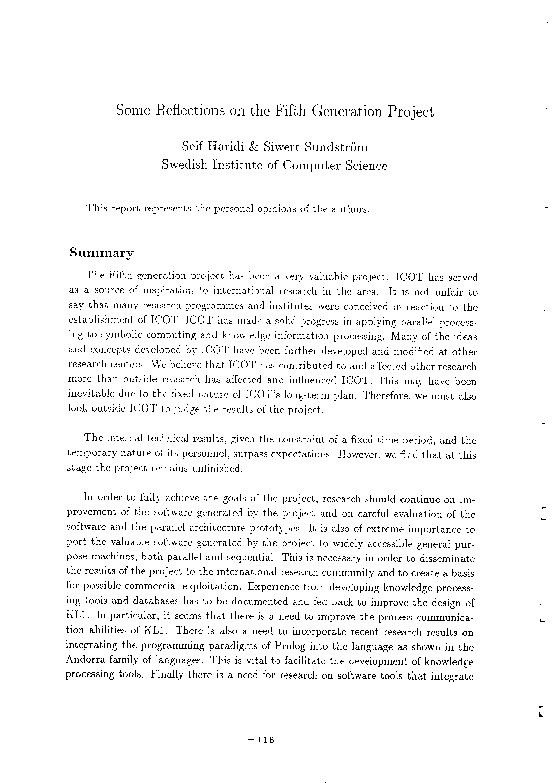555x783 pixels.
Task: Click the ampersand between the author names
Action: [x=254, y=147]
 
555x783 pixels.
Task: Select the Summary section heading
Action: [x=102, y=253]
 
